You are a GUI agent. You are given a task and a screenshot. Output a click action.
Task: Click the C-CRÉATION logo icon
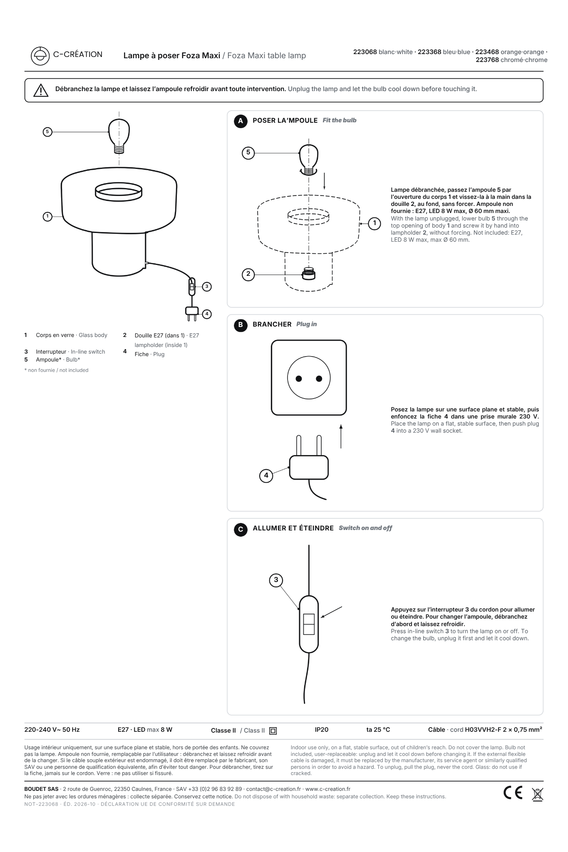[40, 56]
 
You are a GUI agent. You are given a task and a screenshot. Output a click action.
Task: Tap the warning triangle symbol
[41, 90]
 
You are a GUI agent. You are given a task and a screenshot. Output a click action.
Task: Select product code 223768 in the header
[487, 60]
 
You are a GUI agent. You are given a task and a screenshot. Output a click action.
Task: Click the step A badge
[241, 121]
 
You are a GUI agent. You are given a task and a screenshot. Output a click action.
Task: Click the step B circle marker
[241, 325]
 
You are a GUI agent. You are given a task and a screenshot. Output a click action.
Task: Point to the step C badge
[241, 529]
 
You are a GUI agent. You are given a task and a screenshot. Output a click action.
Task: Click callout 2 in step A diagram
[248, 274]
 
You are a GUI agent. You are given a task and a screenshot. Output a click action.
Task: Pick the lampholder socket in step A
[308, 273]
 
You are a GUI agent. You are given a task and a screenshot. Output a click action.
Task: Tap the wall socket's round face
[309, 378]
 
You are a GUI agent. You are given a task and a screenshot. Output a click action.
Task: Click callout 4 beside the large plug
[266, 476]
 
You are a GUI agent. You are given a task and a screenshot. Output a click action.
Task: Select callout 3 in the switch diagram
[276, 580]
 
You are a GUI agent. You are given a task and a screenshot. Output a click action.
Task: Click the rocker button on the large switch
[309, 624]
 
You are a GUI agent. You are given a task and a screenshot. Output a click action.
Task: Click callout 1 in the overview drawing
[47, 216]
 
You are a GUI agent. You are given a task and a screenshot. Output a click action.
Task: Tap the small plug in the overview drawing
[192, 314]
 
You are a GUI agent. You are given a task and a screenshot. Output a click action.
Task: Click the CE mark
[513, 793]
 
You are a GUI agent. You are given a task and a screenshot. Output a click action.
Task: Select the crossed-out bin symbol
[537, 794]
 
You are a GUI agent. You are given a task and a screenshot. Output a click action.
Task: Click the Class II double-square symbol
[273, 731]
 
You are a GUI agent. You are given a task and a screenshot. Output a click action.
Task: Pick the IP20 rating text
[322, 730]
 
